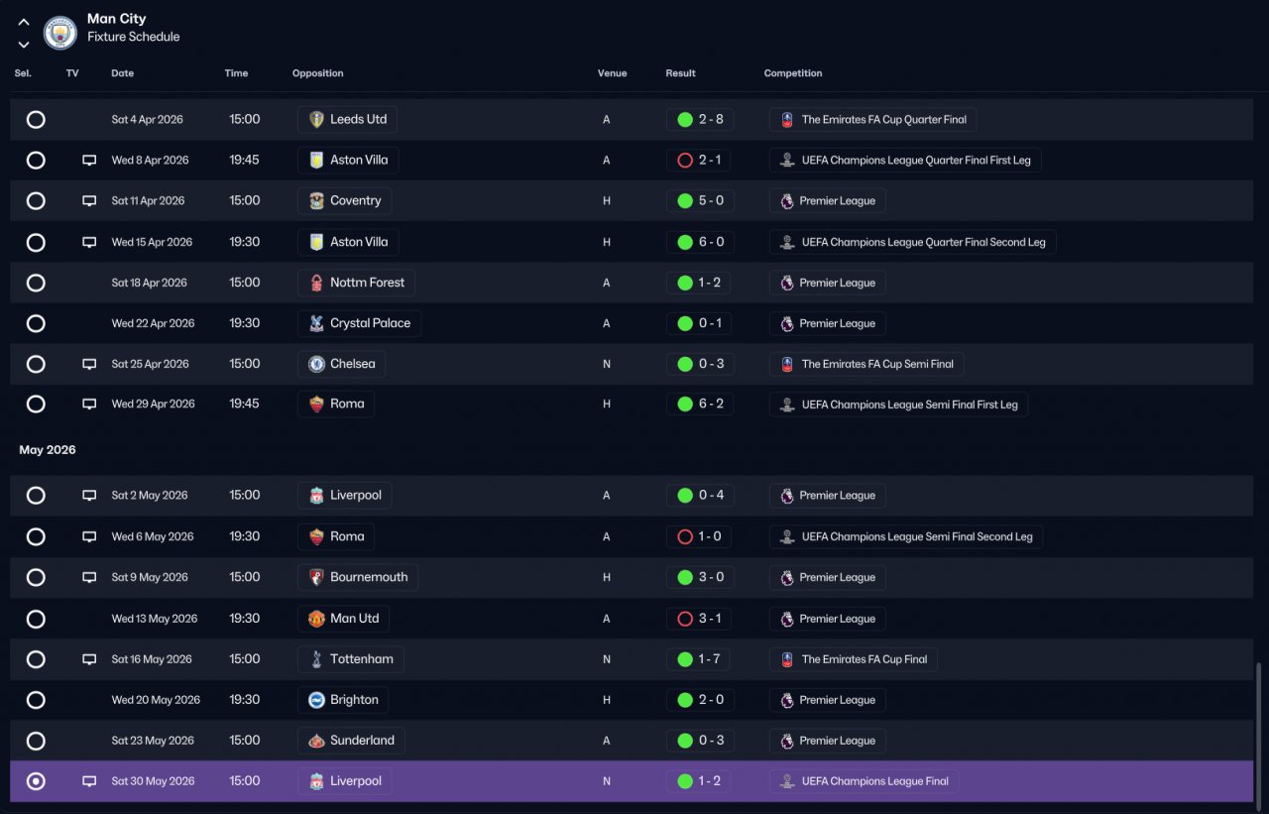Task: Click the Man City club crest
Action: (60, 33)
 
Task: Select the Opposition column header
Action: (317, 73)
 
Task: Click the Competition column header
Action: (792, 73)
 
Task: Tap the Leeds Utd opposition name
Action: (358, 119)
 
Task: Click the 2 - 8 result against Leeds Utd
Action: (711, 119)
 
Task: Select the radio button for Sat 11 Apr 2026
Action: (36, 200)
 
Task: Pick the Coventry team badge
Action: (316, 200)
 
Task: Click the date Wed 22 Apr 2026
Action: (153, 323)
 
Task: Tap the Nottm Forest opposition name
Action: (367, 283)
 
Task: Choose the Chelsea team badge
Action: (316, 364)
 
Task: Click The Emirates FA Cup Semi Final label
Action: (877, 364)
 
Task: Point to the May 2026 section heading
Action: (47, 449)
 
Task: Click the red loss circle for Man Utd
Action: (684, 619)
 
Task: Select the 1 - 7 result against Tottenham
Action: (709, 658)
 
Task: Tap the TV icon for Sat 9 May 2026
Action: (89, 577)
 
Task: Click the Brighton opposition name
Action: (354, 700)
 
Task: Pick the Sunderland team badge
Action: (316, 741)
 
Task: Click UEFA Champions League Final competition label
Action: (874, 781)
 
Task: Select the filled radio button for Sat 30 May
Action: (36, 781)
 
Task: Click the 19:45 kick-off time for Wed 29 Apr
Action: (244, 404)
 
